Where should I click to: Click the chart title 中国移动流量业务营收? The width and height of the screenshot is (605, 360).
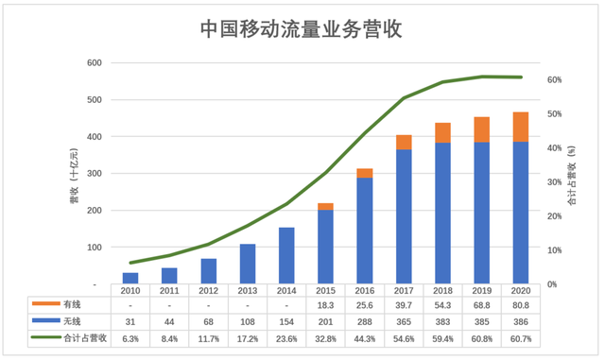coord(302,28)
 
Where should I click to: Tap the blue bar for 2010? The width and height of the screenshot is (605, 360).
coord(130,278)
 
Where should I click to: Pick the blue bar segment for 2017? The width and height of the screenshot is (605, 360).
coord(403,216)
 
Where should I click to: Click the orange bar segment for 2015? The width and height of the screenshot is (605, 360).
coord(325,206)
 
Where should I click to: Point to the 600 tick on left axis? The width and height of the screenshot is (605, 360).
coord(94,63)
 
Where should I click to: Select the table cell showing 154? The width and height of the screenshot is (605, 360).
coord(285,320)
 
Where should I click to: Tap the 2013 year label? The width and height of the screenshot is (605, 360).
coord(247,290)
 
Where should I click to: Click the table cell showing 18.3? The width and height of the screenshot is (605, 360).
coord(325,304)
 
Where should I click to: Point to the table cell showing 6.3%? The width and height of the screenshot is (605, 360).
coord(130,336)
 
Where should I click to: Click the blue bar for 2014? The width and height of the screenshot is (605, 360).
coord(285,255)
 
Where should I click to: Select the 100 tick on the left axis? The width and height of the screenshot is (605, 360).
coord(94,248)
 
